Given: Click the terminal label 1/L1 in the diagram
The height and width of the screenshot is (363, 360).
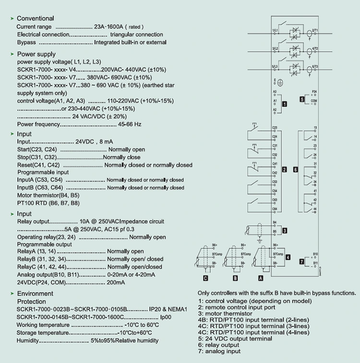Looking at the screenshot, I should pyautogui.click(x=276, y=30).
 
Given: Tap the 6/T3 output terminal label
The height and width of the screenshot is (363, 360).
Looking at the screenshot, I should pyautogui.click(x=315, y=66).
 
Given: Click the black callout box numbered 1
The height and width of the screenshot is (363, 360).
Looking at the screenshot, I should pyautogui.click(x=285, y=104).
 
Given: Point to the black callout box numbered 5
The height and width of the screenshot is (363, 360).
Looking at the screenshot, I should pyautogui.click(x=302, y=99).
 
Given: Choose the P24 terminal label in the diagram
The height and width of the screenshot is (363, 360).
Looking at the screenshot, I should pyautogui.click(x=314, y=91).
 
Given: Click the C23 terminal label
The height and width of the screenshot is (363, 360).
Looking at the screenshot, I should pyautogui.click(x=275, y=128).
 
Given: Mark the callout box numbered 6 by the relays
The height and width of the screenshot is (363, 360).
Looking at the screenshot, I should pyautogui.click(x=296, y=169).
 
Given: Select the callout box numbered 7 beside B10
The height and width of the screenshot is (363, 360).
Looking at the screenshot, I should pyautogui.click(x=301, y=261).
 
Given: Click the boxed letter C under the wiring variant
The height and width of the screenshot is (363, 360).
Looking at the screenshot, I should pyautogui.click(x=205, y=277).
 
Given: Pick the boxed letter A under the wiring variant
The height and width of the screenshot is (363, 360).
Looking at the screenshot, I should pyautogui.click(x=261, y=277).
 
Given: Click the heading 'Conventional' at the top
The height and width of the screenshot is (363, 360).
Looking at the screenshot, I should pyautogui.click(x=35, y=18).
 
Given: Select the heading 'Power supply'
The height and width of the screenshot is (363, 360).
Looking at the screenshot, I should pyautogui.click(x=36, y=54).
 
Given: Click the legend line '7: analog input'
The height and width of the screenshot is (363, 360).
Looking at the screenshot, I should pyautogui.click(x=219, y=351).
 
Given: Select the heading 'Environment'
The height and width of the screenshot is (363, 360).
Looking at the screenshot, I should pyautogui.click(x=35, y=293).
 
